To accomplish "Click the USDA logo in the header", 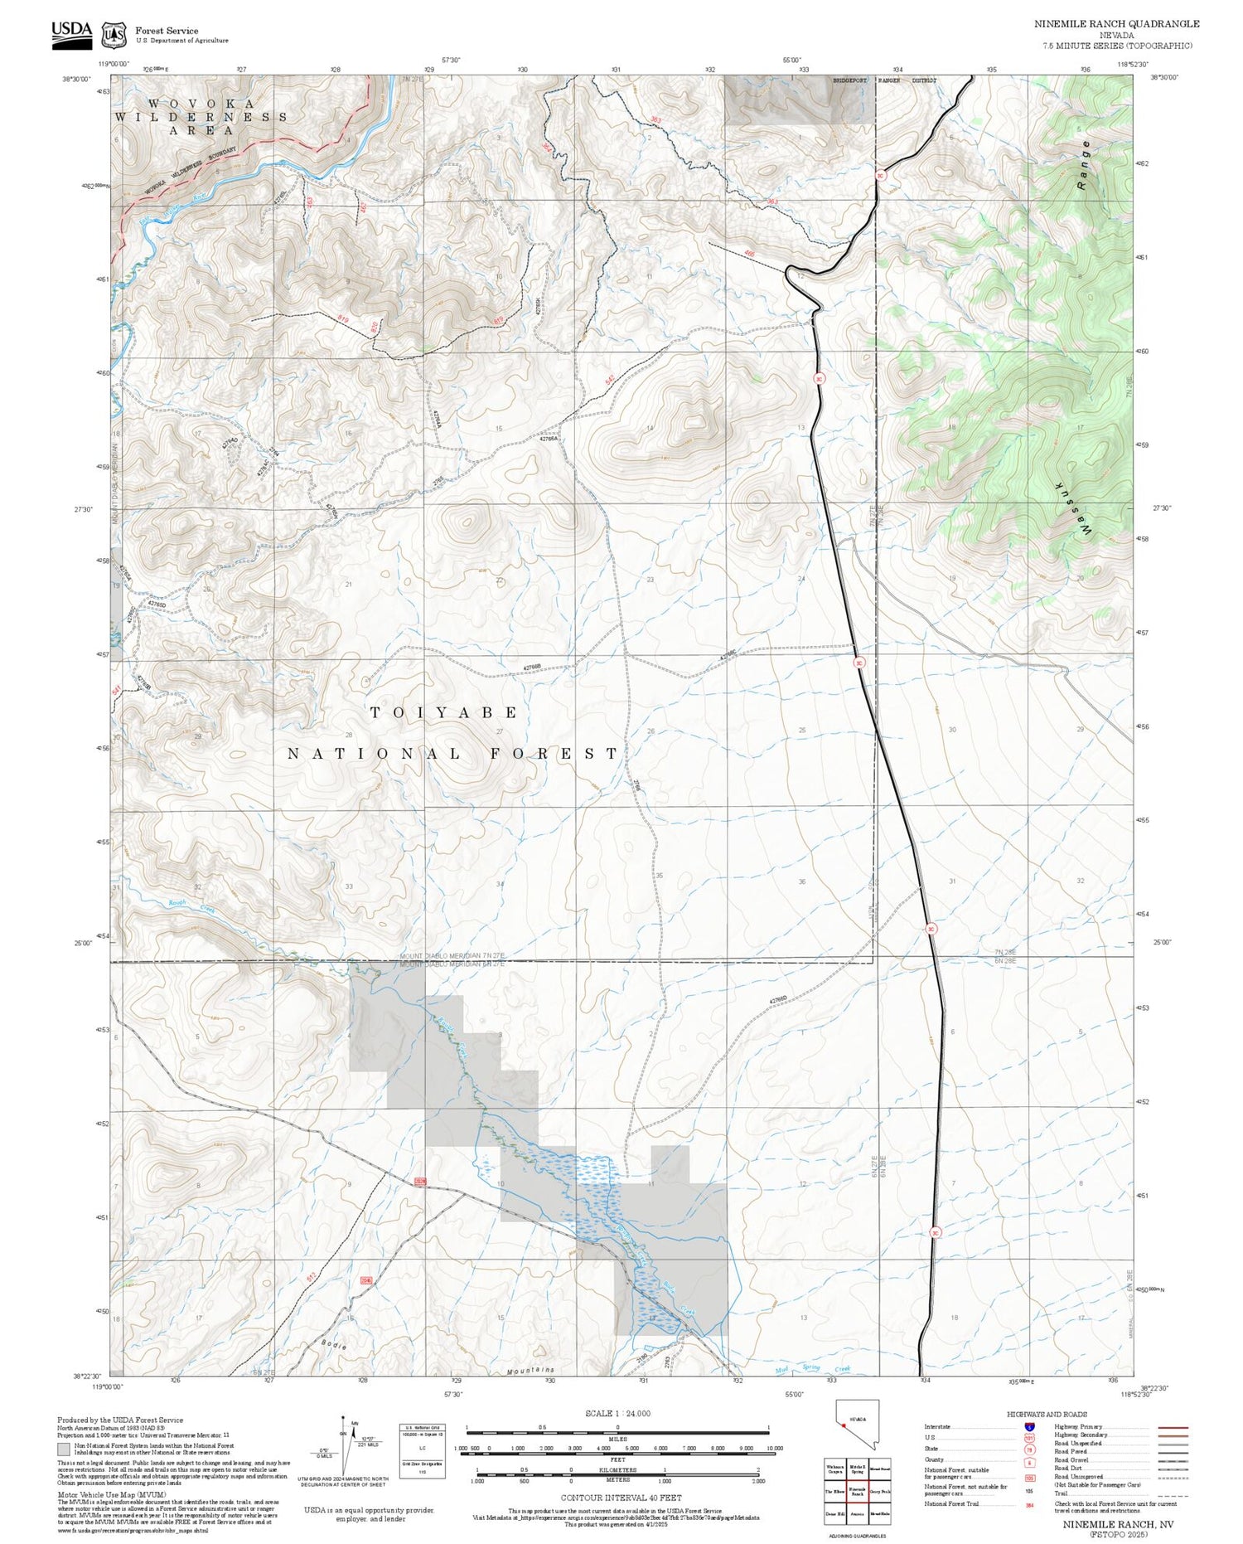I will click(x=71, y=34).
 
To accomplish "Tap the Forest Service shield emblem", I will click(x=114, y=35).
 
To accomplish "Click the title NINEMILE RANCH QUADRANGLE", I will click(x=1116, y=24).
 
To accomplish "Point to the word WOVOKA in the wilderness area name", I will click(x=201, y=104).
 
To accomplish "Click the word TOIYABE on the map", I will click(x=444, y=712).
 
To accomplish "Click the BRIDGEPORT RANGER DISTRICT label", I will click(x=884, y=80).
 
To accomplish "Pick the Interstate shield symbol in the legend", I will click(x=1029, y=1426).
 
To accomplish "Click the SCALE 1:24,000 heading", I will click(x=617, y=1413).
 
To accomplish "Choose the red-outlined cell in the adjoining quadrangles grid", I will click(x=857, y=1491).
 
